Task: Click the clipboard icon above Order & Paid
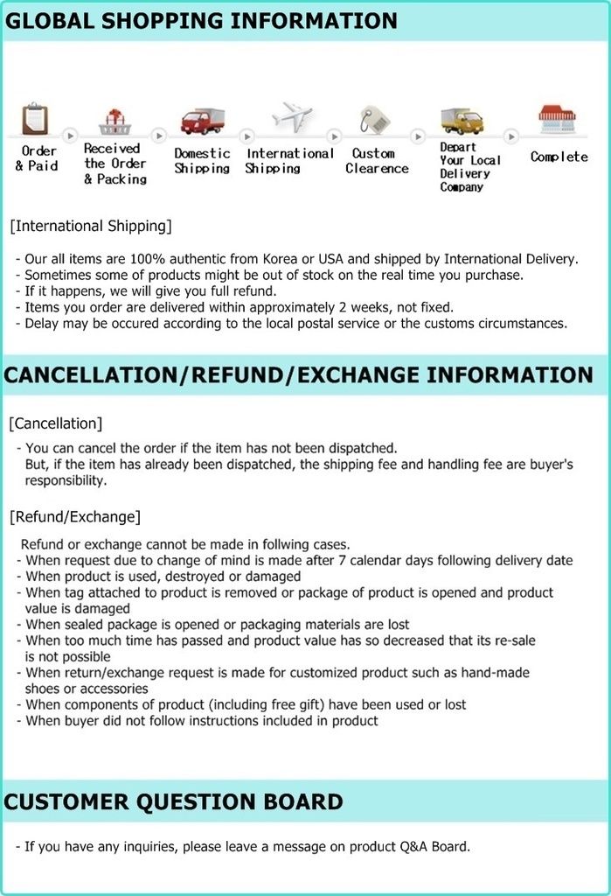point(35,118)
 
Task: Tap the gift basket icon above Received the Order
point(115,121)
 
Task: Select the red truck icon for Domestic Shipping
point(202,121)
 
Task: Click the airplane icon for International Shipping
point(291,116)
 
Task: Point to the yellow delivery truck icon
point(462,120)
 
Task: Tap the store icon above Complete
point(557,119)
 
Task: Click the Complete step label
point(559,157)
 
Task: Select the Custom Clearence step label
point(377,161)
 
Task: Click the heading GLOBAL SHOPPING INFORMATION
point(201,21)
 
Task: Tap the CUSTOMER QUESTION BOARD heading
point(174,801)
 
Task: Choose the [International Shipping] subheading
point(91,227)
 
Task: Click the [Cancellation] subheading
point(55,423)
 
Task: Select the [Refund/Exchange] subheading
point(74,516)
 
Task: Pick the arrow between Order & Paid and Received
point(71,136)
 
